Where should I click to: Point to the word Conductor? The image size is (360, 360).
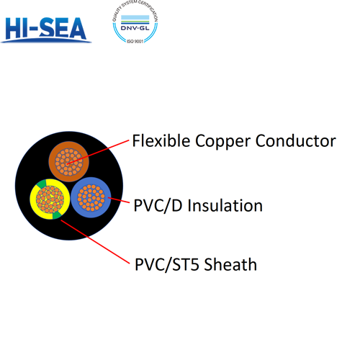(x=296, y=140)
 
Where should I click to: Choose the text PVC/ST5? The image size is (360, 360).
(x=168, y=264)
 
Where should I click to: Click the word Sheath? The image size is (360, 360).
(x=231, y=264)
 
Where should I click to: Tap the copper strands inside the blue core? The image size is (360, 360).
(x=90, y=197)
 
